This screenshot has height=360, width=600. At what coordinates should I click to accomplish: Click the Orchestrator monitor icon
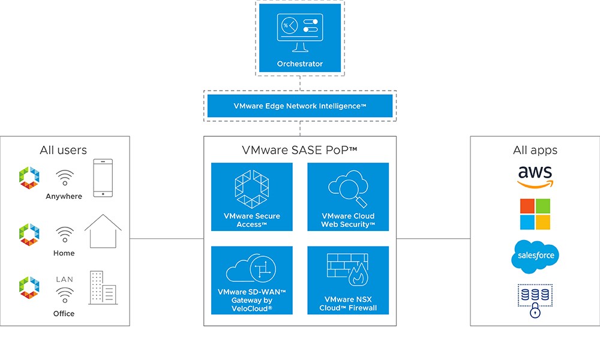click(x=299, y=32)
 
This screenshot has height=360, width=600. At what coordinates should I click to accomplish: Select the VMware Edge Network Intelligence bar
click(x=299, y=106)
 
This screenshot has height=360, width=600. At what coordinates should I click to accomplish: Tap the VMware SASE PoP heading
click(x=299, y=150)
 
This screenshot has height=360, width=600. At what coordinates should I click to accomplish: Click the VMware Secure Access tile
click(x=252, y=197)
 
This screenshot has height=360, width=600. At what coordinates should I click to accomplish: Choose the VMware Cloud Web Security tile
click(x=348, y=197)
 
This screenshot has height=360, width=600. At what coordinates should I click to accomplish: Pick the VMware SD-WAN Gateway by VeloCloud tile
click(x=252, y=280)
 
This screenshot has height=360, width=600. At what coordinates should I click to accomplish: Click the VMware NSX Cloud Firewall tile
click(x=348, y=280)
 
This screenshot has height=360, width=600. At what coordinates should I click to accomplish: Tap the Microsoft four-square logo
click(x=535, y=214)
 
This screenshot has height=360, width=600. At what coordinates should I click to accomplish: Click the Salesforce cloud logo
click(x=535, y=256)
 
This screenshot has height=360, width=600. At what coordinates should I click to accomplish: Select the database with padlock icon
click(x=535, y=300)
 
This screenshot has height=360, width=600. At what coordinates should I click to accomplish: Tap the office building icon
click(x=102, y=288)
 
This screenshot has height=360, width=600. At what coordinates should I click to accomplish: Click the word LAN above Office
click(x=65, y=280)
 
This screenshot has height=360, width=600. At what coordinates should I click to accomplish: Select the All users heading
click(x=63, y=150)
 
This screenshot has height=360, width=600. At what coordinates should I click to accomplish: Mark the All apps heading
click(x=535, y=150)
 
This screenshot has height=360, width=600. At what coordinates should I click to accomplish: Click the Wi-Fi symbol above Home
click(x=65, y=234)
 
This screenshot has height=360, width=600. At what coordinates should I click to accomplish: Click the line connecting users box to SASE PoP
click(x=167, y=238)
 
